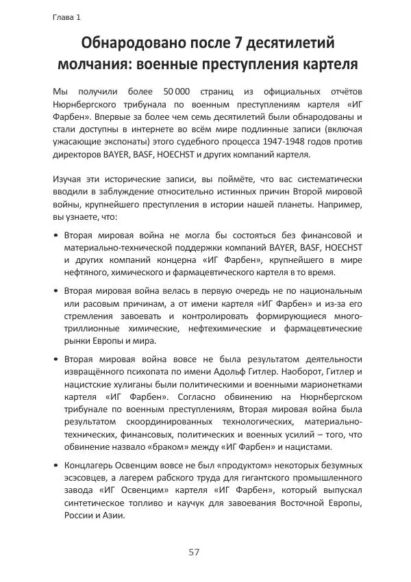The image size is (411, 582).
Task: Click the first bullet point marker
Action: (55, 234)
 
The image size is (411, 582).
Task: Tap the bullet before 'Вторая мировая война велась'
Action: (55, 290)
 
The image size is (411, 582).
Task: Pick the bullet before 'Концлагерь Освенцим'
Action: (55, 466)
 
